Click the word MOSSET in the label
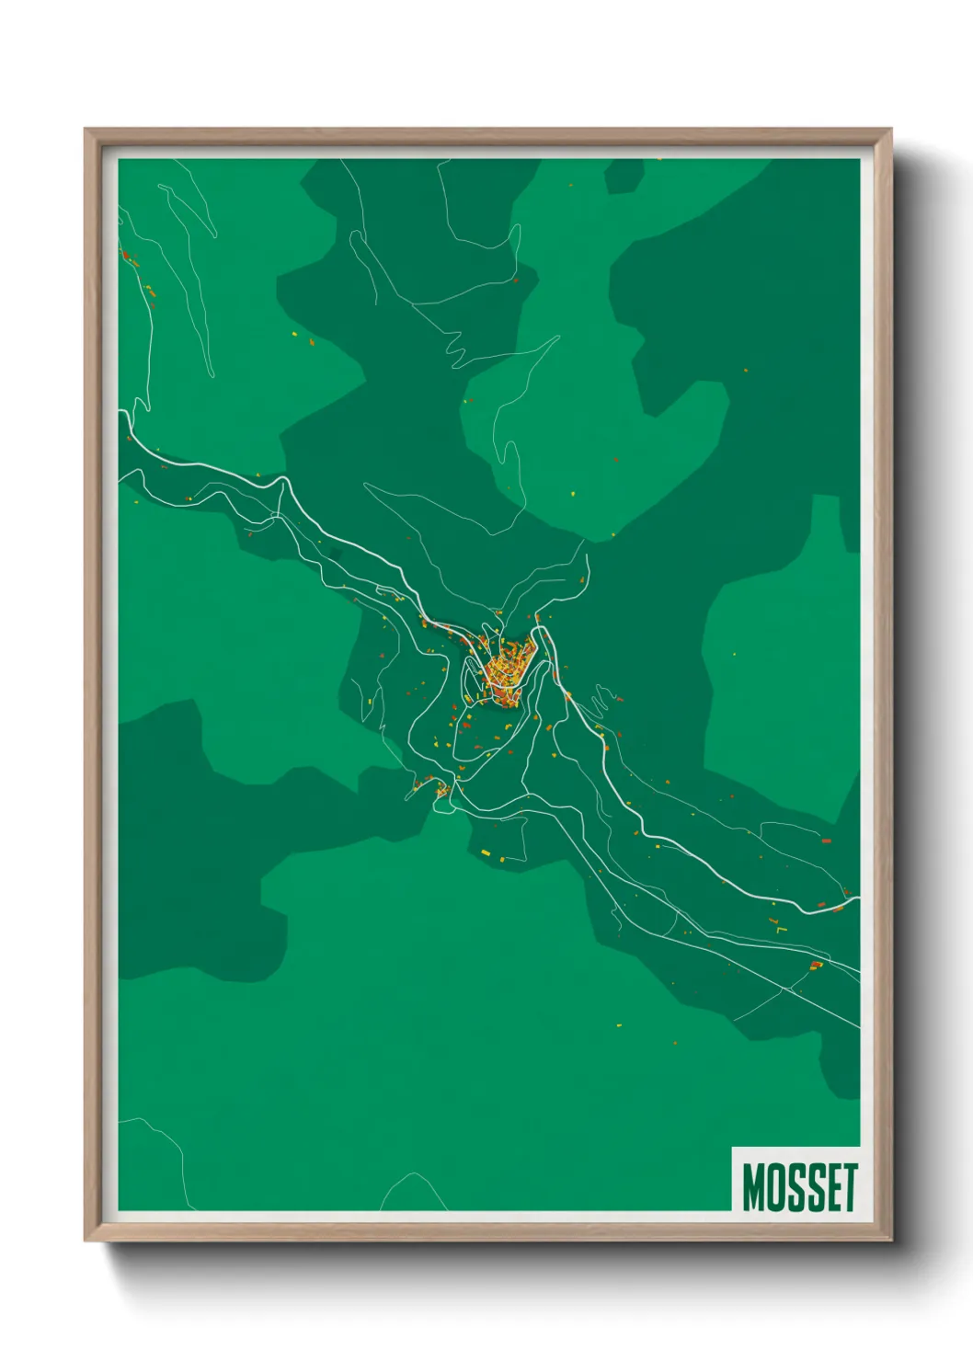coord(799,1187)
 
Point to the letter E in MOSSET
coord(830,1187)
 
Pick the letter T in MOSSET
coord(848,1187)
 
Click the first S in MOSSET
coord(796,1187)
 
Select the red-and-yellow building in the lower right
coord(815,965)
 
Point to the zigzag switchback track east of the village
coord(602,700)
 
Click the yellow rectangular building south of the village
coord(486,853)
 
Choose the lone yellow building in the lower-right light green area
coord(618,1024)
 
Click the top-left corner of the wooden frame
coord(86,130)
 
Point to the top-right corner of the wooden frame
coord(890,130)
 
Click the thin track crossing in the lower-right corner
coord(787,989)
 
